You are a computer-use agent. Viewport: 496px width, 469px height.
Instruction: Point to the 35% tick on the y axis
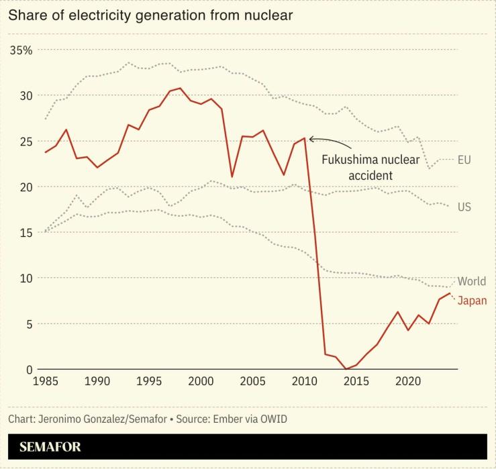(x=21, y=50)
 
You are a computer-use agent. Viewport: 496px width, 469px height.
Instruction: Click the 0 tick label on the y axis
(x=30, y=370)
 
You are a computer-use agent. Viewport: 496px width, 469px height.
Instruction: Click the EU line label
(x=464, y=160)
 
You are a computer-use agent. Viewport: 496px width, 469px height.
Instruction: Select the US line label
(x=464, y=207)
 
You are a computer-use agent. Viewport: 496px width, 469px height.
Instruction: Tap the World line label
(x=471, y=281)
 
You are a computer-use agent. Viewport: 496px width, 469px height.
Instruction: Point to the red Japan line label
(x=472, y=301)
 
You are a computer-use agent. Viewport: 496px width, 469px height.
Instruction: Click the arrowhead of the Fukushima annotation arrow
(x=311, y=139)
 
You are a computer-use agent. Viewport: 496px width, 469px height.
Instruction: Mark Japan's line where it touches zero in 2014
(x=346, y=369)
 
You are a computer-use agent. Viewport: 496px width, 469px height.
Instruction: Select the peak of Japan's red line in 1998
(x=180, y=88)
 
